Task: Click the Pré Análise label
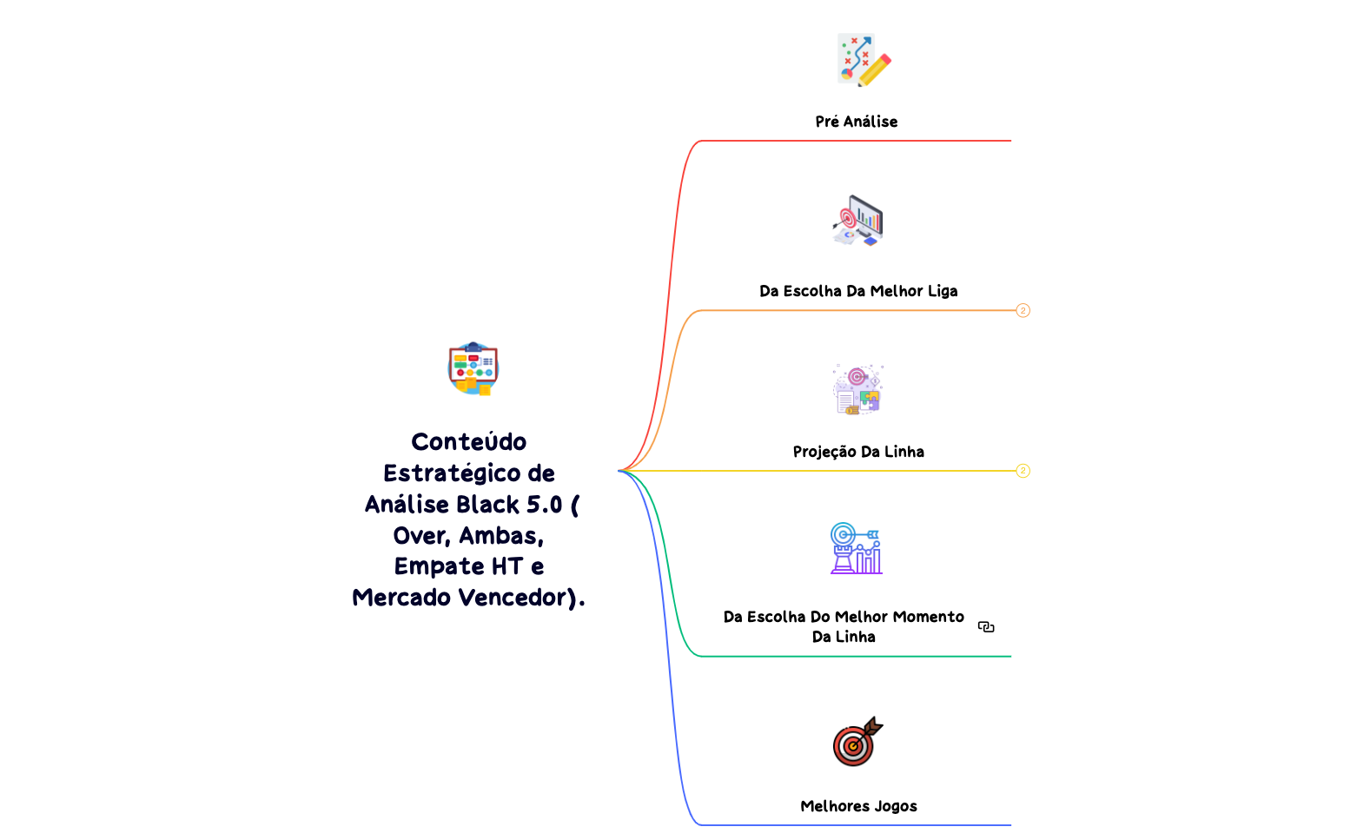(x=856, y=122)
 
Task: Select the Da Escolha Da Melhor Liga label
(x=858, y=291)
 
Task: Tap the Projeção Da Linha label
(x=858, y=452)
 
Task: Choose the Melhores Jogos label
(x=858, y=806)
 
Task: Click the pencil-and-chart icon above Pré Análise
(x=863, y=60)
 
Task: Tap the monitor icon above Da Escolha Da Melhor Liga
(x=858, y=221)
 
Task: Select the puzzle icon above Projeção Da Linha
(x=857, y=389)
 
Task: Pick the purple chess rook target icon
(x=856, y=548)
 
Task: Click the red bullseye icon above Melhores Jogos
(x=857, y=742)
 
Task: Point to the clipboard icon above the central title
(x=473, y=368)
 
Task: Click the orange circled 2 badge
(x=1023, y=311)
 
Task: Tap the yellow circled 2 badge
(x=1023, y=471)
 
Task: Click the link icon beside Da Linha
(x=986, y=626)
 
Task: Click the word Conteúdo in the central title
(x=469, y=442)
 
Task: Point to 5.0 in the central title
(x=545, y=505)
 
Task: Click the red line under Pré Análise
(x=869, y=141)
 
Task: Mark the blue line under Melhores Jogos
(x=869, y=825)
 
